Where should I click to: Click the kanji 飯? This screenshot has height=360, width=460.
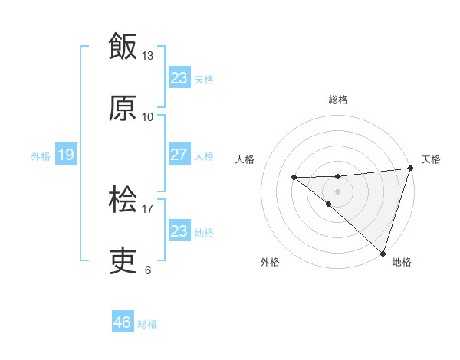pyautogui.click(x=123, y=47)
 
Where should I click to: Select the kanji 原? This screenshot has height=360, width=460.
pyautogui.click(x=123, y=109)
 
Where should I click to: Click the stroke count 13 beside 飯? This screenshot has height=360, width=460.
pyautogui.click(x=147, y=56)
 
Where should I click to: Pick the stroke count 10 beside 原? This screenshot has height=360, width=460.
pyautogui.click(x=147, y=116)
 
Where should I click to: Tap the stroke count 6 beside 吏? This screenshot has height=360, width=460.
pyautogui.click(x=147, y=270)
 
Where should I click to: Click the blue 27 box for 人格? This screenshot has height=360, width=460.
pyautogui.click(x=179, y=155)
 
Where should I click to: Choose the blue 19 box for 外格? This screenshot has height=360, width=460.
pyautogui.click(x=65, y=155)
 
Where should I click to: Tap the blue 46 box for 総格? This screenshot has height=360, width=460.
pyautogui.click(x=122, y=322)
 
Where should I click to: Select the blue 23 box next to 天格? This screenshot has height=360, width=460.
pyautogui.click(x=179, y=77)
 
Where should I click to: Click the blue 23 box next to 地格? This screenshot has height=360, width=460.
pyautogui.click(x=179, y=231)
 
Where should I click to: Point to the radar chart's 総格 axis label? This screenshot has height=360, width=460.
pyautogui.click(x=338, y=100)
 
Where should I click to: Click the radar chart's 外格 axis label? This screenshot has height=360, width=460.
pyautogui.click(x=270, y=262)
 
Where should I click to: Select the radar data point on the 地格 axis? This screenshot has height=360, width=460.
pyautogui.click(x=383, y=253)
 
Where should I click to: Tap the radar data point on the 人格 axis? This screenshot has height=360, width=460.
pyautogui.click(x=294, y=178)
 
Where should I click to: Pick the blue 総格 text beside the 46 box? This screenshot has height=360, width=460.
pyautogui.click(x=147, y=324)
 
